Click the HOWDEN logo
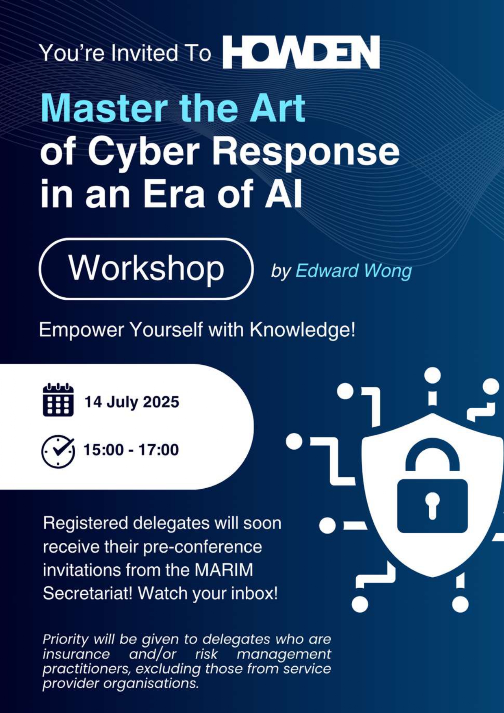[x=301, y=52]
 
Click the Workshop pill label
[x=146, y=269]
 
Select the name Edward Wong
[x=353, y=271]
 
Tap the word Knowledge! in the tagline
[x=303, y=329]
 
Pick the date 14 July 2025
[x=132, y=402]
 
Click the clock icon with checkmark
[x=58, y=451]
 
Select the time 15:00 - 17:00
[x=131, y=450]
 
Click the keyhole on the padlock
[x=432, y=505]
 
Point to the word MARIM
[x=223, y=570]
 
